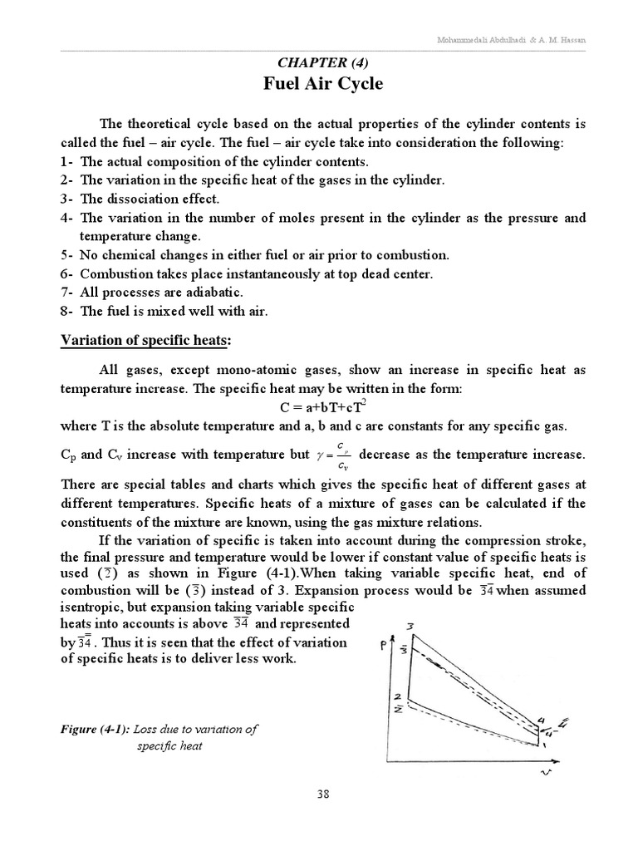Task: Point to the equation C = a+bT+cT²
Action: coord(318,407)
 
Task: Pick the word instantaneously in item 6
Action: coord(267,273)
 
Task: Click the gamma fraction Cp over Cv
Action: coord(343,455)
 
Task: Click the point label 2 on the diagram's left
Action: coord(398,695)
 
